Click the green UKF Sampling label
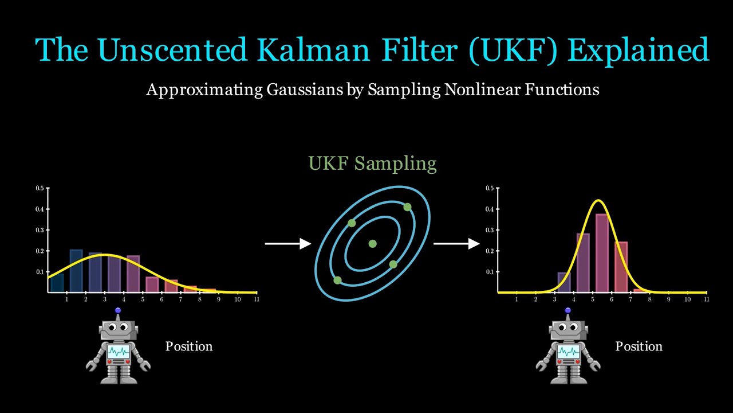pos(372,163)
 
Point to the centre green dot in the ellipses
pos(372,244)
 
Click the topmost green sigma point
pos(407,207)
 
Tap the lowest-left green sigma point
pos(337,280)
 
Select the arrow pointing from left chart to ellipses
pos(287,244)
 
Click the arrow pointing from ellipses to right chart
pos(456,244)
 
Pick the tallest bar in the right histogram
pos(602,253)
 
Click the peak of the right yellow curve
pos(598,201)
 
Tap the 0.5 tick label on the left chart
pos(40,188)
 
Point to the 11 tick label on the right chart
pos(706,299)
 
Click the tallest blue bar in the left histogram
pos(76,271)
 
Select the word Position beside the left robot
pos(189,346)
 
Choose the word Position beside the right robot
pos(639,346)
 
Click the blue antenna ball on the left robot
pos(118,311)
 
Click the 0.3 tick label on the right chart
pos(490,230)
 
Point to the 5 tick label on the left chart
pos(143,299)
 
